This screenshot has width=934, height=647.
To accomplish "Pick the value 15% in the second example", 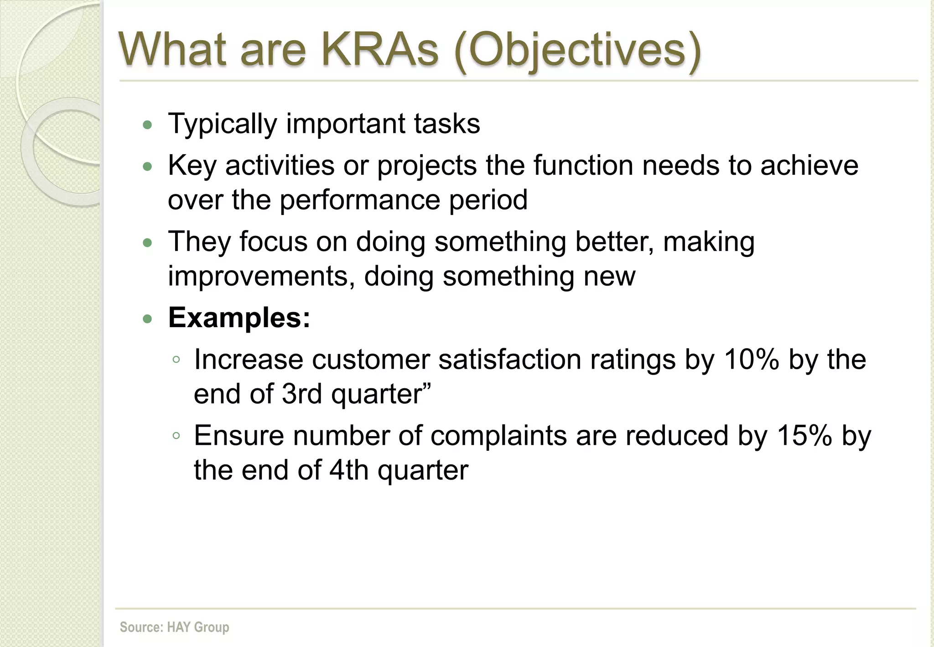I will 804,435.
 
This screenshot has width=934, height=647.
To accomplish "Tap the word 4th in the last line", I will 348,470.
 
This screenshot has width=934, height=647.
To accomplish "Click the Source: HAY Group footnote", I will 174,627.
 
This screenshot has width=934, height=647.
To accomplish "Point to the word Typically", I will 223,124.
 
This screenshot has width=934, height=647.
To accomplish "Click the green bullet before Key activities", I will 147,167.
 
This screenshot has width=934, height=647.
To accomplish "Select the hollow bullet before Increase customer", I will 176,360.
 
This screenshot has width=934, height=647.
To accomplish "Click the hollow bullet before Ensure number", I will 176,436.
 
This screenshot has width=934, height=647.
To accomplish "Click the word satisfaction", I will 510,359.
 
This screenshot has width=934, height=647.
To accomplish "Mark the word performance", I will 359,200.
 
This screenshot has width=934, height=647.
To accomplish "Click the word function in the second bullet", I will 583,165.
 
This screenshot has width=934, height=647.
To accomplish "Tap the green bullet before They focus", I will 147,243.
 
